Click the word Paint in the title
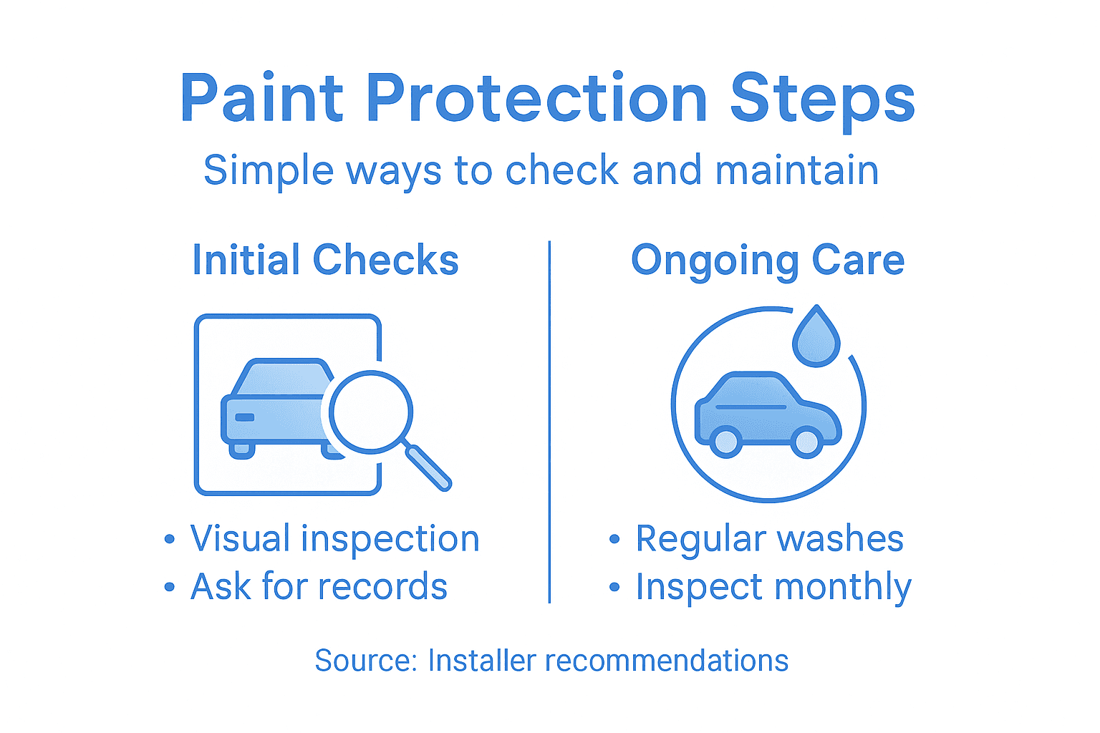[262, 99]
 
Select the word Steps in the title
[822, 99]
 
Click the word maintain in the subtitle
[796, 170]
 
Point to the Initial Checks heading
[325, 260]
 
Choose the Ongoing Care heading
[768, 260]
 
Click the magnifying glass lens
[371, 412]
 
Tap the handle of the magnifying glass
[429, 467]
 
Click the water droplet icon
[816, 337]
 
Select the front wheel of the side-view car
[806, 441]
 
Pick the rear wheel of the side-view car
[726, 441]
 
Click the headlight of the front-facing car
[245, 417]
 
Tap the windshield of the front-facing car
[284, 378]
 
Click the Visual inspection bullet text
[334, 539]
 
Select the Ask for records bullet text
[319, 587]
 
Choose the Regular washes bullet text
[769, 539]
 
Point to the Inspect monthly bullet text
[773, 587]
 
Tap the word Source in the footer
[364, 661]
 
